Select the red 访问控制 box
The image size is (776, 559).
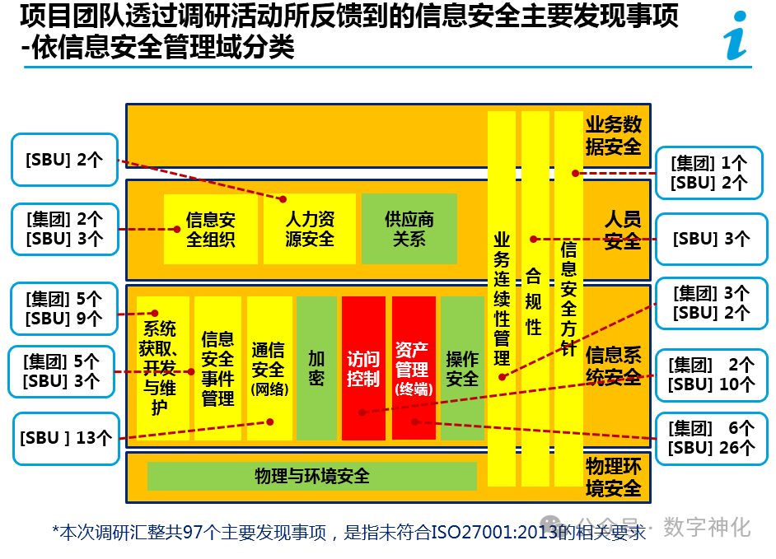point(363,368)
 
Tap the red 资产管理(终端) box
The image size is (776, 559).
point(414,368)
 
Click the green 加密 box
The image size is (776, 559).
point(316,368)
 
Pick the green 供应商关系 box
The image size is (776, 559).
point(409,229)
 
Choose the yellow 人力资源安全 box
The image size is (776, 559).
point(310,229)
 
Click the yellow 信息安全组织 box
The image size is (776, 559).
point(210,229)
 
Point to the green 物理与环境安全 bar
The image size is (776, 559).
point(312,476)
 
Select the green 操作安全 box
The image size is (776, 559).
point(461,368)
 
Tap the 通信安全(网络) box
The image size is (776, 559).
point(269,368)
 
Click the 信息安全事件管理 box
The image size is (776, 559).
point(218,368)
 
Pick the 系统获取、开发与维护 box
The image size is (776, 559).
point(163,368)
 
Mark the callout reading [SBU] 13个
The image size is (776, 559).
point(65,438)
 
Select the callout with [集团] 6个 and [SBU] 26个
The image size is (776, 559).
point(711,438)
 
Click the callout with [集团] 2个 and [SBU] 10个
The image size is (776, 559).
point(711,374)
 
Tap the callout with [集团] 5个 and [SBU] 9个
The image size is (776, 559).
point(63,308)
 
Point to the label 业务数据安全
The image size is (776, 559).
point(613,136)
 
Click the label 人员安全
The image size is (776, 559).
point(622,231)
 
